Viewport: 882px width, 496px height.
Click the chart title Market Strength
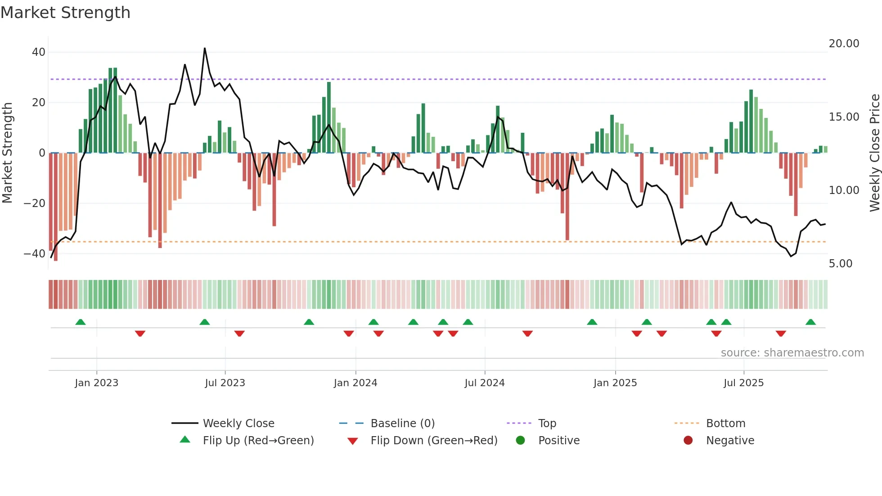pyautogui.click(x=65, y=13)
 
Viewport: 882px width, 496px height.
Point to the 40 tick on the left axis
pyautogui.click(x=39, y=52)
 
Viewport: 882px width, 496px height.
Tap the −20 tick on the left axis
pyautogui.click(x=35, y=203)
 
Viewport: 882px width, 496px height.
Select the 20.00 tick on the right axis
pyautogui.click(x=844, y=44)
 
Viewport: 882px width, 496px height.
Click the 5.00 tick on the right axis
pyautogui.click(x=841, y=264)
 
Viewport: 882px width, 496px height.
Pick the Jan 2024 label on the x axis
pyautogui.click(x=355, y=383)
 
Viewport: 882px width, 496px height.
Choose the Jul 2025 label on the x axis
pyautogui.click(x=743, y=383)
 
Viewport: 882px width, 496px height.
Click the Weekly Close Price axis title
pyautogui.click(x=874, y=153)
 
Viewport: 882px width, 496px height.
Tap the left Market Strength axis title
pyautogui.click(x=8, y=153)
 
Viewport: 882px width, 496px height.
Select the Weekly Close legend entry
pyautogui.click(x=238, y=424)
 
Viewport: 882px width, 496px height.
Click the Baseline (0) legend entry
pyautogui.click(x=402, y=424)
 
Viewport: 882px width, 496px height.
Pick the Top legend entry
pyautogui.click(x=547, y=424)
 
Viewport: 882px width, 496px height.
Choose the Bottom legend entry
pyautogui.click(x=725, y=424)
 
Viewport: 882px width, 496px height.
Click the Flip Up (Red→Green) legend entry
pyautogui.click(x=258, y=441)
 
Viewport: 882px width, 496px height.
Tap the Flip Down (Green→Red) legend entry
pyautogui.click(x=434, y=441)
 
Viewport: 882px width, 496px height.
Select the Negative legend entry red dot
pyautogui.click(x=688, y=440)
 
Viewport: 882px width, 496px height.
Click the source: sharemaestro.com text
pyautogui.click(x=792, y=353)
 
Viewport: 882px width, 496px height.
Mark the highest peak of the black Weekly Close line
pyautogui.click(x=205, y=49)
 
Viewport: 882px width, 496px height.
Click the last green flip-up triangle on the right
pyautogui.click(x=810, y=322)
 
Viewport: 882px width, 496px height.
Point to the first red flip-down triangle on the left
pyautogui.click(x=140, y=334)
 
